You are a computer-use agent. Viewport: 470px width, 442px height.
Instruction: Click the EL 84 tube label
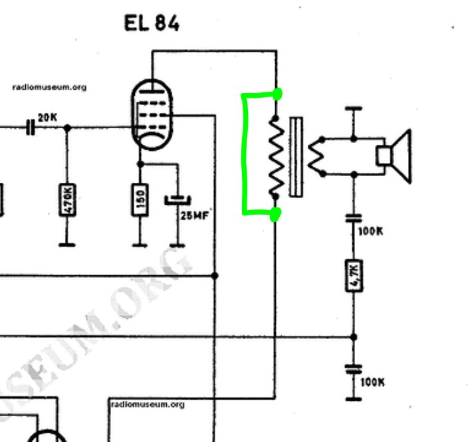point(152,24)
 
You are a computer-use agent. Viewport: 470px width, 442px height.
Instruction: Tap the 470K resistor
point(66,199)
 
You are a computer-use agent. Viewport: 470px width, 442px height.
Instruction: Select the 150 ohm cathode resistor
point(140,199)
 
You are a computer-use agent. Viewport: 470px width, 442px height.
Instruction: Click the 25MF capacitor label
point(194,215)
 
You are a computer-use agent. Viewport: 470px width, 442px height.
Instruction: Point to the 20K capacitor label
point(48,118)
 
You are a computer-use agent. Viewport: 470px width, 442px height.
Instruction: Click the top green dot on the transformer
point(277,94)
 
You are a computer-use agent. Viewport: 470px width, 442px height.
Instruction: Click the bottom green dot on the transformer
point(275,213)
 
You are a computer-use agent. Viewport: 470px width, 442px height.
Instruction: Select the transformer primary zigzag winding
point(276,156)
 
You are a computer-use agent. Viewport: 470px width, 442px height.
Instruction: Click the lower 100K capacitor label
point(372,382)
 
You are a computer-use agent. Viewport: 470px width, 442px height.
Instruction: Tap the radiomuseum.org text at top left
point(49,87)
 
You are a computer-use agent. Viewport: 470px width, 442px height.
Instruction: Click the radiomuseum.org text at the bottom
point(147,404)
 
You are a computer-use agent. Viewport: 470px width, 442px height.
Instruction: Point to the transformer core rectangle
point(296,157)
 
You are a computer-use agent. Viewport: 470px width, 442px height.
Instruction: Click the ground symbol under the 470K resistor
point(66,245)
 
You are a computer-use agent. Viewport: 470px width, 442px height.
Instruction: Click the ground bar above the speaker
point(354,108)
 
